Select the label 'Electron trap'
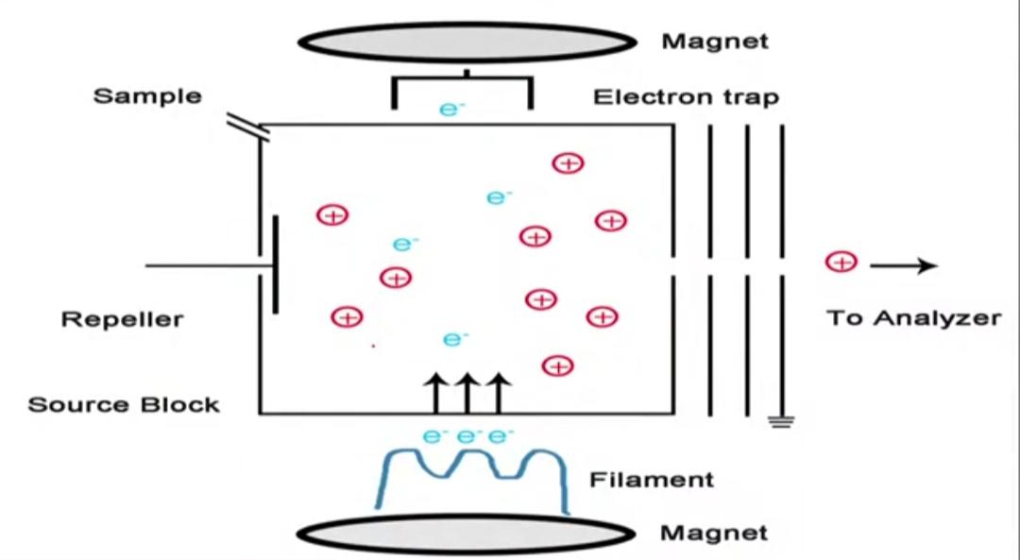click(686, 97)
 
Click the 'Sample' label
click(147, 95)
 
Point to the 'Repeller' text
click(123, 319)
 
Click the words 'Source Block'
click(124, 405)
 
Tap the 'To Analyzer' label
click(913, 318)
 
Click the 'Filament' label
click(652, 480)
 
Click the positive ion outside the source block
click(841, 263)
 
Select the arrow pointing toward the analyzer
click(903, 266)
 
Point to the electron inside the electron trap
click(452, 109)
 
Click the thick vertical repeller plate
click(276, 264)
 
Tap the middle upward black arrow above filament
click(466, 392)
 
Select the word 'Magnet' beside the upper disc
click(715, 42)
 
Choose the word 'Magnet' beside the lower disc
click(714, 533)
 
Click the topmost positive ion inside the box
click(568, 162)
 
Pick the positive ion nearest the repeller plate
click(332, 215)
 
